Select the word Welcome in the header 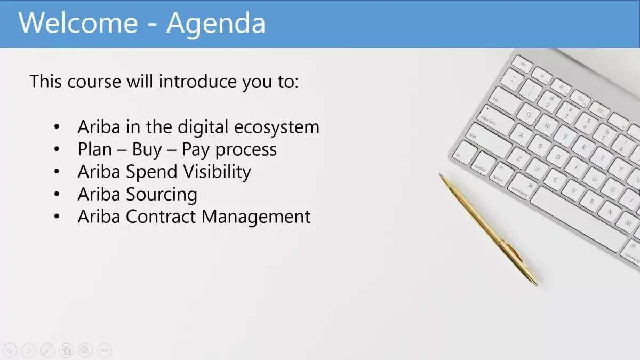(x=78, y=22)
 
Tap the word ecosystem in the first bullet (x=277, y=127)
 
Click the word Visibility (x=217, y=172)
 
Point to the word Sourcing (x=162, y=195)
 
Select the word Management (x=256, y=217)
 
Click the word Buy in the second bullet (x=147, y=150)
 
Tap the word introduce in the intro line (x=198, y=82)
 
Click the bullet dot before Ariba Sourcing (x=57, y=194)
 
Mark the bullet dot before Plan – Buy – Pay (x=57, y=149)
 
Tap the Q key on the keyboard (x=529, y=115)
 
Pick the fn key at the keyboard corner (x=465, y=153)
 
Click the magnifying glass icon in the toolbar (x=85, y=350)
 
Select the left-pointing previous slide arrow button (x=10, y=350)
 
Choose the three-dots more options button (x=105, y=350)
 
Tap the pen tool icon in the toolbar (x=47, y=350)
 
